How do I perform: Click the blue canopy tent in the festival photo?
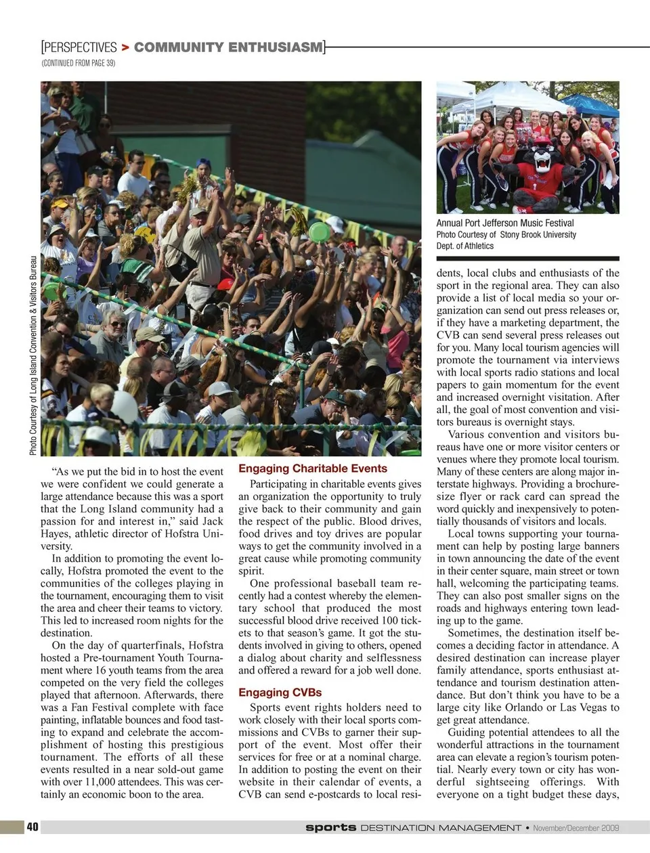590,105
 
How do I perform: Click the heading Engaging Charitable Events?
313,468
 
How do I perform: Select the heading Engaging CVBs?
280,693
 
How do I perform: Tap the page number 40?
32,827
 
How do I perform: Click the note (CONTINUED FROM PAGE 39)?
78,63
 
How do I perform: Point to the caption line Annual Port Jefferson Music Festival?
504,223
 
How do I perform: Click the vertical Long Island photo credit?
33,355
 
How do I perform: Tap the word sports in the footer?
330,827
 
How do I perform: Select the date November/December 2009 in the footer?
576,828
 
